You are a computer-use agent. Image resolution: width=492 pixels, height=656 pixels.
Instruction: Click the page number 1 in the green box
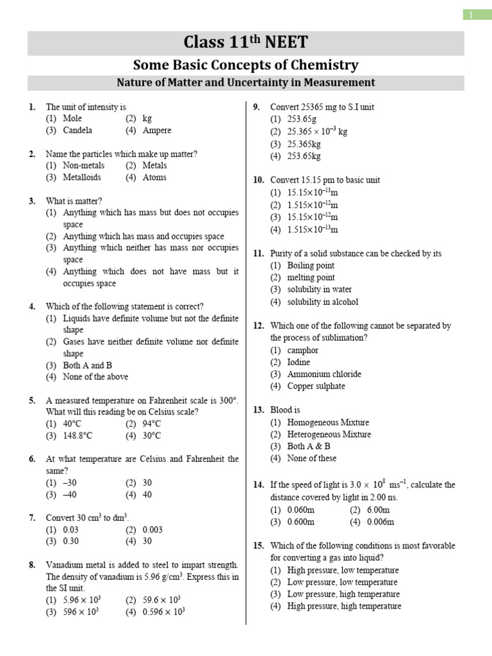tap(472, 15)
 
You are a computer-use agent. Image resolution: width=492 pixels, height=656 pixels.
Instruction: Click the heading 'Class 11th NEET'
tap(246, 43)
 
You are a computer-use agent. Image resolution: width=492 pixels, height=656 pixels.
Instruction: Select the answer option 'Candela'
tap(78, 131)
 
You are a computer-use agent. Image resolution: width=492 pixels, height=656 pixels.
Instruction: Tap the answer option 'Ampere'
tap(157, 131)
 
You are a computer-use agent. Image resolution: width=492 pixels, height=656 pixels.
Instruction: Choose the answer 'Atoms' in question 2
tap(154, 177)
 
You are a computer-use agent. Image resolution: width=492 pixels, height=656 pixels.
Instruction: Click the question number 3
tap(32, 201)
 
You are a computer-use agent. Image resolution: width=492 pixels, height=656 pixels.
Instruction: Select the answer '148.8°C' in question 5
tap(78, 436)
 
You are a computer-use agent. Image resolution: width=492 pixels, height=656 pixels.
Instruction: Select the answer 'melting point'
tap(311, 277)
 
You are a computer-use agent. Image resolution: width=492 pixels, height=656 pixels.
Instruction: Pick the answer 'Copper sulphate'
tap(316, 386)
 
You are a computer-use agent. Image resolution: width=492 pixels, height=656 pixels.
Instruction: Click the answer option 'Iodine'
tap(299, 362)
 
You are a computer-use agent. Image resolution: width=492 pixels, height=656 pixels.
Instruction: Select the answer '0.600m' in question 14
tap(301, 522)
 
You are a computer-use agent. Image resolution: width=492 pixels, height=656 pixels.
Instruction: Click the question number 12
tap(259, 326)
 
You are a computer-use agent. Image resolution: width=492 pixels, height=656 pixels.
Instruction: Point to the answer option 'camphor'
tap(302, 350)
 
